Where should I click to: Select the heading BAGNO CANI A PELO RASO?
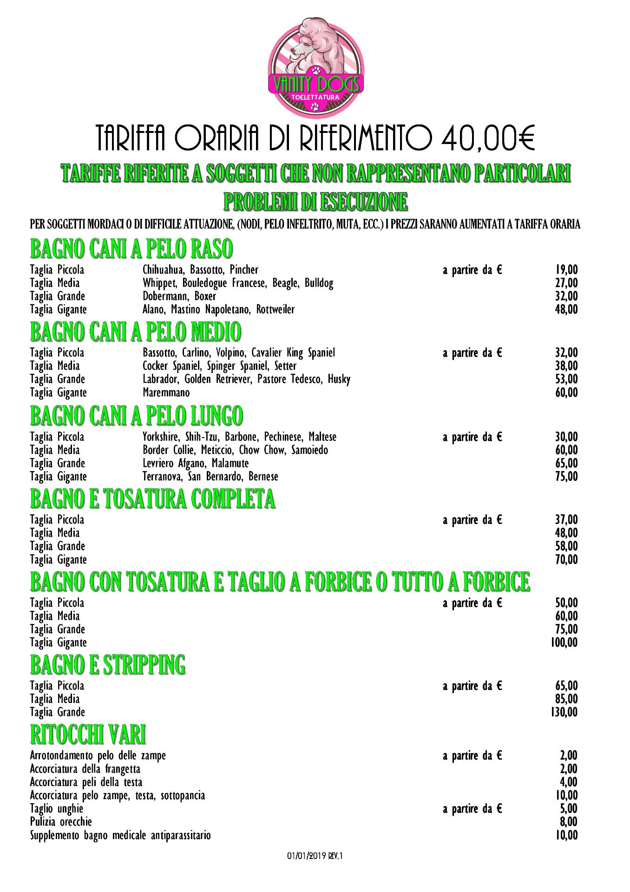pyautogui.click(x=131, y=249)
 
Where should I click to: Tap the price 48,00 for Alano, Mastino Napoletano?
pyautogui.click(x=566, y=309)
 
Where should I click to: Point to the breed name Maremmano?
pyautogui.click(x=166, y=393)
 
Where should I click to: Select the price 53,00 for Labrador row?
pyautogui.click(x=566, y=379)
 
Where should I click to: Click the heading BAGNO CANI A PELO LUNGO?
pyautogui.click(x=136, y=416)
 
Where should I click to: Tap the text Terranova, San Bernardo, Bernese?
pyautogui.click(x=210, y=477)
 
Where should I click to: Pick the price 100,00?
pyautogui.click(x=564, y=643)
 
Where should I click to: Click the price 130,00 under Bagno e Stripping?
pyautogui.click(x=564, y=712)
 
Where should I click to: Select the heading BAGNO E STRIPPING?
pyautogui.click(x=107, y=665)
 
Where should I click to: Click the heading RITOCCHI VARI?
pyautogui.click(x=88, y=735)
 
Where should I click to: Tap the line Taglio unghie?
pyautogui.click(x=56, y=809)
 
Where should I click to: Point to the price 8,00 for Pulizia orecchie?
pyautogui.click(x=568, y=822)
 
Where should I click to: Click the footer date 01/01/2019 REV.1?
pyautogui.click(x=315, y=856)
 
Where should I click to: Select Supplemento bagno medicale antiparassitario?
pyautogui.click(x=120, y=835)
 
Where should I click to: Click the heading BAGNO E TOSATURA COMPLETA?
pyautogui.click(x=152, y=499)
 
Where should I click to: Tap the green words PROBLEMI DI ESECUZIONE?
pyautogui.click(x=315, y=202)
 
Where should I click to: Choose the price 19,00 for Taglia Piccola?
pyautogui.click(x=566, y=270)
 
